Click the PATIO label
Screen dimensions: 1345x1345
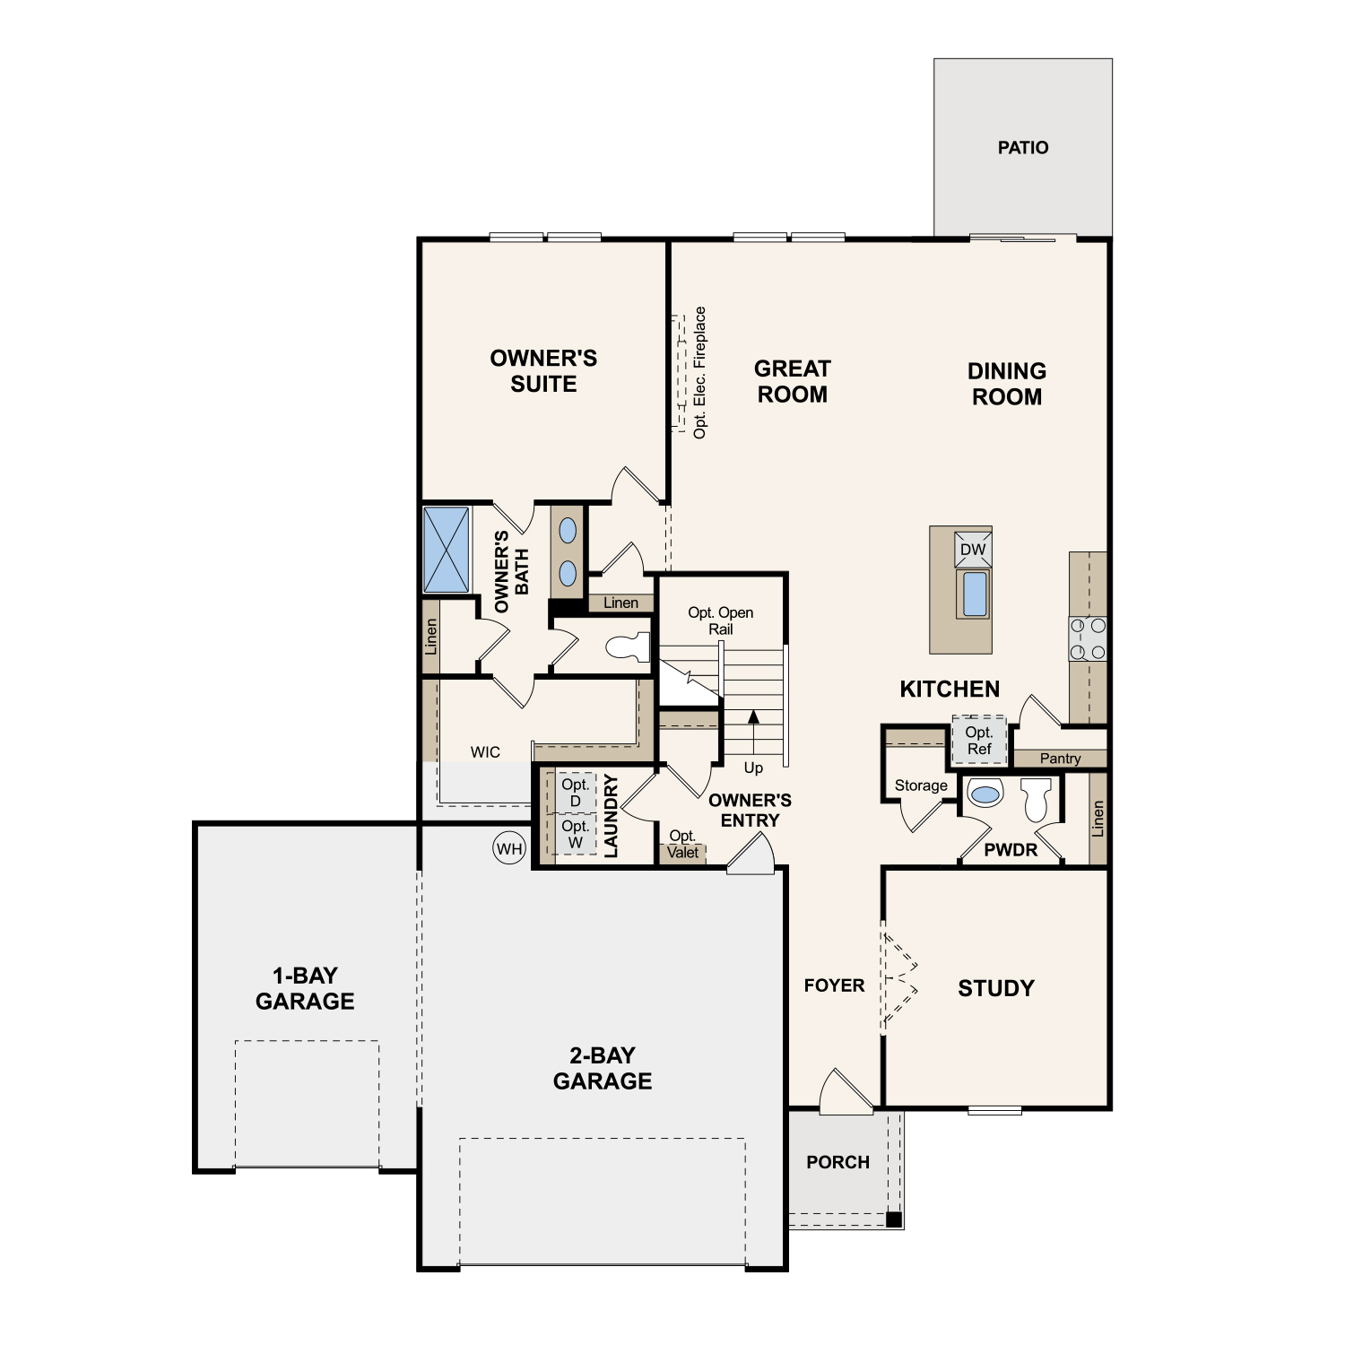1022,147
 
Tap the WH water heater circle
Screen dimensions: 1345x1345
509,848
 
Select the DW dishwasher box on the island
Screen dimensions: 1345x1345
973,550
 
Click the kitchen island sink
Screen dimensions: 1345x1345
974,594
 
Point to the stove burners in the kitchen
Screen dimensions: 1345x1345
1088,638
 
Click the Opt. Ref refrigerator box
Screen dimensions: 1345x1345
979,741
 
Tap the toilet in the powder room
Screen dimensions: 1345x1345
1037,800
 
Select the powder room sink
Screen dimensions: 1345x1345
985,794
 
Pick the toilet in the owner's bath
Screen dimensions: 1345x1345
627,647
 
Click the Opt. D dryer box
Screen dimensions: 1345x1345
575,793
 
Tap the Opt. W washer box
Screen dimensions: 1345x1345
575,834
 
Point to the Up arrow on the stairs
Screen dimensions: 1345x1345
753,717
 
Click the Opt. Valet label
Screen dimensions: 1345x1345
682,845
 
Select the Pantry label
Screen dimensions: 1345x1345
1060,759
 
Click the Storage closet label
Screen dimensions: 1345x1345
921,785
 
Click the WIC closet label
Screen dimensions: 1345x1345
485,752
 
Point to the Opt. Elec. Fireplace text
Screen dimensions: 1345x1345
700,372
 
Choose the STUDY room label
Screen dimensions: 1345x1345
996,988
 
